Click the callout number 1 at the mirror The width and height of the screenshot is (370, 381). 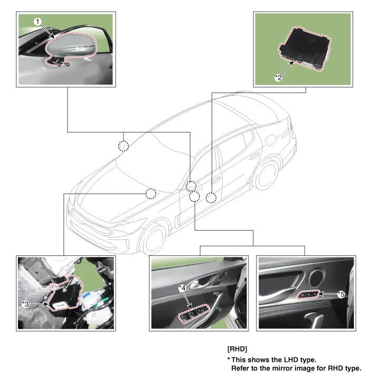[x=37, y=22]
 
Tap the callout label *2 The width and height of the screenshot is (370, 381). [x=278, y=78]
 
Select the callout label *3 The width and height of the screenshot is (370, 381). [x=25, y=304]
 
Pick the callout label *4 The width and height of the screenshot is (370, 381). [x=182, y=288]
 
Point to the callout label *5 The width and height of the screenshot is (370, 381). [x=341, y=294]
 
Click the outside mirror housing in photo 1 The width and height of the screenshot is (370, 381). [x=72, y=46]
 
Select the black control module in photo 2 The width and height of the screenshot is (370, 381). [x=305, y=48]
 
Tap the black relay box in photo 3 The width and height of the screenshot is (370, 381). [x=65, y=293]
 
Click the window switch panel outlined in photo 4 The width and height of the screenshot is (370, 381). [x=194, y=313]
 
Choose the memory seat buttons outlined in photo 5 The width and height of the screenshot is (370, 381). [x=308, y=294]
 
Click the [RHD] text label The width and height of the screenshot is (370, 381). [x=237, y=349]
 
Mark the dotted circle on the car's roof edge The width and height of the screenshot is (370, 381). [x=124, y=146]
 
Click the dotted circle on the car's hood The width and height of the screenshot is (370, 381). [x=151, y=194]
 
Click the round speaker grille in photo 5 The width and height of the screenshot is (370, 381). [x=316, y=278]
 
